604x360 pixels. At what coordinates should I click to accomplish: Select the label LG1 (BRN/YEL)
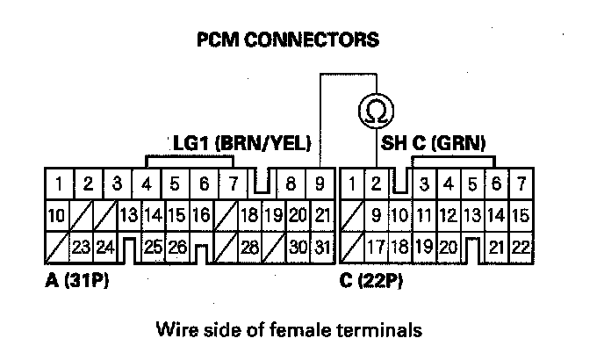(241, 142)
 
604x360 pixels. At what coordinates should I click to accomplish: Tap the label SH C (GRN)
(434, 142)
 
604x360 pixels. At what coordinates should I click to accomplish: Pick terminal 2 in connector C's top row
(376, 184)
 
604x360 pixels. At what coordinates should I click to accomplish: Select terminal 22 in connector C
(521, 247)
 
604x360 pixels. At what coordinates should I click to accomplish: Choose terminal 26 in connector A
(178, 247)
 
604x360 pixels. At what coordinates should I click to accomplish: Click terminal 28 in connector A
(250, 247)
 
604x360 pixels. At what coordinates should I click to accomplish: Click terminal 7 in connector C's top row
(521, 184)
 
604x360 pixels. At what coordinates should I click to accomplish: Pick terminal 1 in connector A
(56, 184)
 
